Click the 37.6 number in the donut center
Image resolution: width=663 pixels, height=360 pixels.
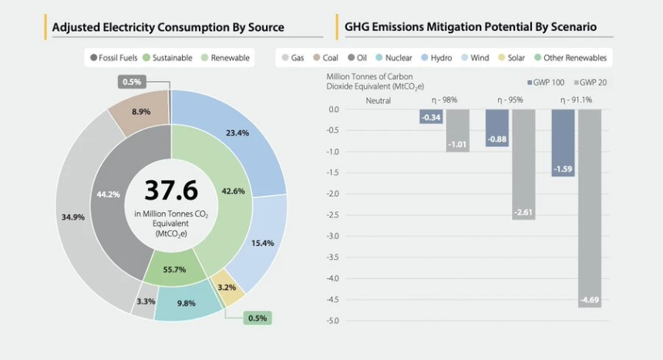(x=170, y=190)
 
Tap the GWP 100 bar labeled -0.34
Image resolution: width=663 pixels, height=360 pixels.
(x=431, y=116)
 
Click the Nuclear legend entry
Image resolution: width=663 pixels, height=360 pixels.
(x=394, y=58)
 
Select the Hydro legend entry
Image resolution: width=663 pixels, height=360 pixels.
(x=436, y=58)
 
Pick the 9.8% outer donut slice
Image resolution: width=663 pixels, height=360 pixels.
(x=187, y=303)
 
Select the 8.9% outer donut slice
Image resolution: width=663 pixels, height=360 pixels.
(x=140, y=113)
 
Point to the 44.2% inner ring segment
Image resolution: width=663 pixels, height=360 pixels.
(x=108, y=194)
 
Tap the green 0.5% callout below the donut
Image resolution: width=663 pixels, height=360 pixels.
(x=257, y=318)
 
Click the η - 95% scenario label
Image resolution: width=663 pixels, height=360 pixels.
(x=510, y=100)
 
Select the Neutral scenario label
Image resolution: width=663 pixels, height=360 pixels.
(x=378, y=100)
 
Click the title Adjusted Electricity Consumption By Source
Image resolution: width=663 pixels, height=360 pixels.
(x=168, y=27)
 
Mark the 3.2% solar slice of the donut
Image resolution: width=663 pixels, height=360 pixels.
(x=228, y=288)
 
